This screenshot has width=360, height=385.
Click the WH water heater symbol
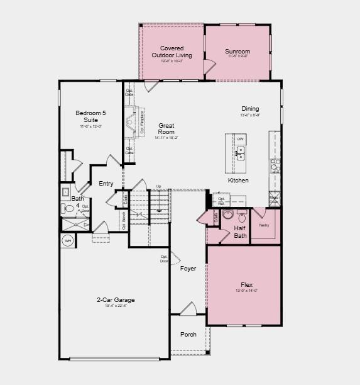(68, 240)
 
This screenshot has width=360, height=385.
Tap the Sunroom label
(237, 52)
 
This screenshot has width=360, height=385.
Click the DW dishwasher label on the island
(240, 139)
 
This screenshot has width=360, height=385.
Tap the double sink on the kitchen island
(239, 152)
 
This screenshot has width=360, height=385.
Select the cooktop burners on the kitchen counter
(275, 164)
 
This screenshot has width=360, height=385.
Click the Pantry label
(264, 225)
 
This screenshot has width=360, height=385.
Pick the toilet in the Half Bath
(225, 218)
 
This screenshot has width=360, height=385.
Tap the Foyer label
(188, 269)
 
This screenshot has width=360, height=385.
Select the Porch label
(188, 334)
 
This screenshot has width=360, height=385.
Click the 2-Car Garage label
(115, 300)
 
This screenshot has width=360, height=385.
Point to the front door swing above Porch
(188, 309)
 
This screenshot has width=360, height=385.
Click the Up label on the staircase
(158, 186)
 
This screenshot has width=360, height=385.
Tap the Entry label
(106, 184)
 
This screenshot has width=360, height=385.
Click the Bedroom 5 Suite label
(91, 116)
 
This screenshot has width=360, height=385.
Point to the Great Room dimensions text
(166, 138)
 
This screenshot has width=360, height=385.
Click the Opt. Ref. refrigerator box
(222, 201)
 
